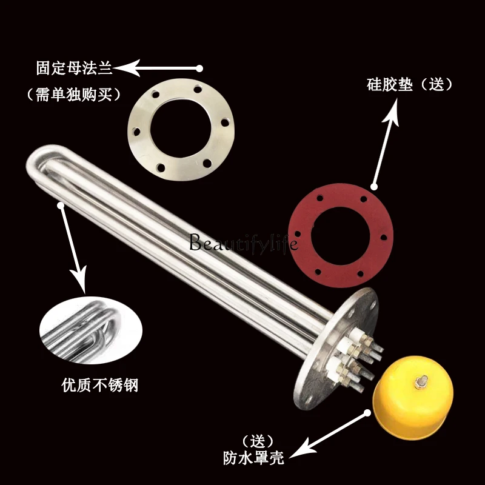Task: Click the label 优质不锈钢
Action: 99,385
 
